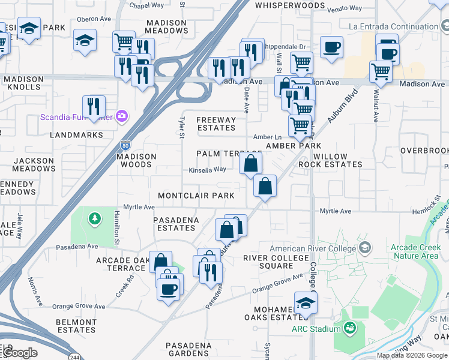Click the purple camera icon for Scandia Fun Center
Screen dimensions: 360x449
(x=122, y=116)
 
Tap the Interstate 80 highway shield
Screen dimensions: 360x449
(x=125, y=145)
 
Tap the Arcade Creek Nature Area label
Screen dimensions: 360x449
(x=414, y=251)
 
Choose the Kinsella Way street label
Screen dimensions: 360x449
(x=207, y=170)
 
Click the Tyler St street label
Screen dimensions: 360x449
(x=181, y=127)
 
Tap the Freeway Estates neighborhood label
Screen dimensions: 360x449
(x=216, y=124)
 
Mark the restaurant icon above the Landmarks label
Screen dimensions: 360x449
(x=94, y=106)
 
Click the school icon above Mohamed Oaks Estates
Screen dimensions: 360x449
(x=306, y=302)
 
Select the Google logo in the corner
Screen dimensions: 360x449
(x=20, y=353)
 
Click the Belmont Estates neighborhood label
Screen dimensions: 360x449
(x=76, y=326)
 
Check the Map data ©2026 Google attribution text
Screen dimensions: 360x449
(x=412, y=355)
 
